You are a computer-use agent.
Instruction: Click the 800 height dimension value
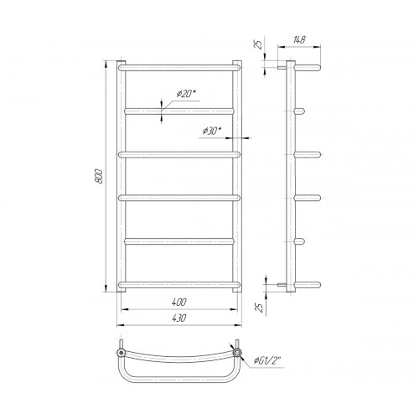(100, 176)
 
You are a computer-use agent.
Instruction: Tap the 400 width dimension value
(179, 303)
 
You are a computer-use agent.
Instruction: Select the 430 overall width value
(179, 318)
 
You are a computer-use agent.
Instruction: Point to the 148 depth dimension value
(298, 40)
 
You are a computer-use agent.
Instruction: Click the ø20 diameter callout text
(185, 94)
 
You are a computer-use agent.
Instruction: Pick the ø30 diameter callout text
(212, 131)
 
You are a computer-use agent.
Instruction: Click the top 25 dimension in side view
(260, 44)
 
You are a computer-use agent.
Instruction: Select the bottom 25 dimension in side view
(260, 308)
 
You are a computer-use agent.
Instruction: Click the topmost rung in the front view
(179, 68)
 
